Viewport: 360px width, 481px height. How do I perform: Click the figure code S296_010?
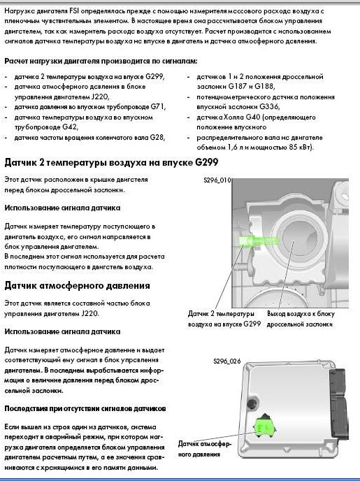[217, 180]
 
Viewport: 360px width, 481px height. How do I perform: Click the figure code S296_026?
[227, 361]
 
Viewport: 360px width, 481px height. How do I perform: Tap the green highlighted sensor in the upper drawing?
[257, 240]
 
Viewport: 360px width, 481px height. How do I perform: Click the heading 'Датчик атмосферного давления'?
[78, 285]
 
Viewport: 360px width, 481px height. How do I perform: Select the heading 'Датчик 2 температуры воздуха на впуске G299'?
[111, 162]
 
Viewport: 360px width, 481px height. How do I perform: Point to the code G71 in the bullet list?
[158, 107]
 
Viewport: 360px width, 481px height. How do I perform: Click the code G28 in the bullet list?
[157, 137]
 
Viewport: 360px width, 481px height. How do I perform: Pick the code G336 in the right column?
[270, 106]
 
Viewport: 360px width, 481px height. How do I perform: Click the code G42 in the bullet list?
[70, 127]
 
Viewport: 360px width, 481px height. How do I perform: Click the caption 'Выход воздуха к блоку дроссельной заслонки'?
[301, 319]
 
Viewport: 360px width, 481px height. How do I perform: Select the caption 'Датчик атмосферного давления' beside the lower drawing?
[205, 449]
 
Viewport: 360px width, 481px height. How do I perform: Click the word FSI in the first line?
[74, 11]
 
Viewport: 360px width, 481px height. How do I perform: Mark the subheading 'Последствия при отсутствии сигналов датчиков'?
[85, 408]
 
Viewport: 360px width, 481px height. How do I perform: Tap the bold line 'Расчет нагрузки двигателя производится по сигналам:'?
[101, 61]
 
